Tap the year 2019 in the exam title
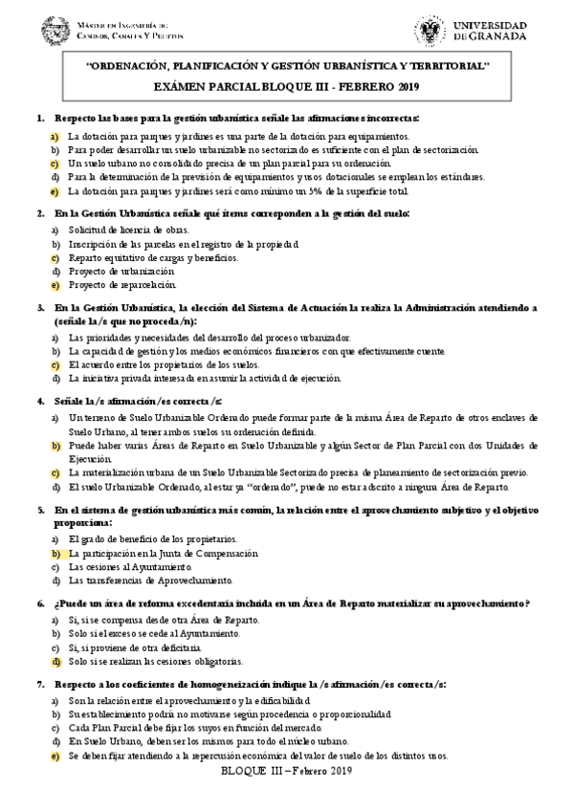pos(406,87)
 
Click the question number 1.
pos(39,119)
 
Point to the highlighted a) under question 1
pos(55,136)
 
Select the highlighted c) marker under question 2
pos(55,258)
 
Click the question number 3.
pos(39,309)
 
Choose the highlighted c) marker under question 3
pos(55,364)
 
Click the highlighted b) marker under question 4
pos(55,446)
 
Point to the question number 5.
pos(39,511)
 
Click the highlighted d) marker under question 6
pos(55,661)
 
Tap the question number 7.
pos(39,686)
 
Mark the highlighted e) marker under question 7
pos(55,756)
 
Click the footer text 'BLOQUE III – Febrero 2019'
pos(287,772)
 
